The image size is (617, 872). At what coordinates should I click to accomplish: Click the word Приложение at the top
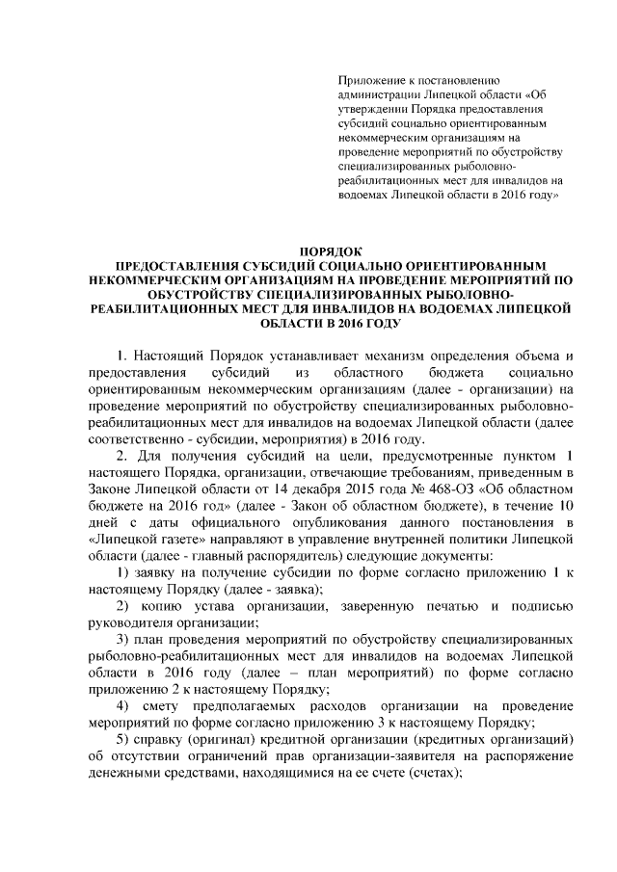(369, 80)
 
